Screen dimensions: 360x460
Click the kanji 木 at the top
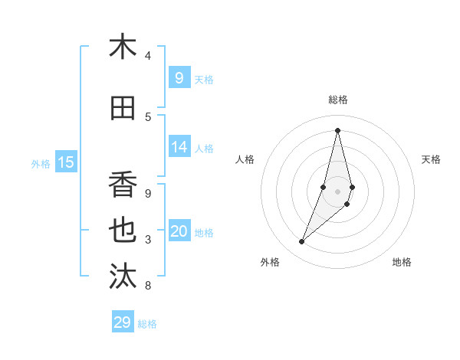pyautogui.click(x=123, y=47)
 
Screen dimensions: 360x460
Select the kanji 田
pyautogui.click(x=123, y=109)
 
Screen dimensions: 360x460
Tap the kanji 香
pyautogui.click(x=123, y=184)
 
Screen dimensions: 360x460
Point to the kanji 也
pyautogui.click(x=123, y=231)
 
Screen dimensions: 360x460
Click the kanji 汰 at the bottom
pyautogui.click(x=123, y=277)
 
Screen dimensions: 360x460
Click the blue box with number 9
pyautogui.click(x=179, y=77)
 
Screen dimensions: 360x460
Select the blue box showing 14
pyautogui.click(x=179, y=147)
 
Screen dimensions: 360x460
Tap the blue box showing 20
pyautogui.click(x=179, y=231)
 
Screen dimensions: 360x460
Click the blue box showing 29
pyautogui.click(x=123, y=322)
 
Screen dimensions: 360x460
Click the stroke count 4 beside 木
pyautogui.click(x=148, y=56)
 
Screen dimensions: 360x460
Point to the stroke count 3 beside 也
pyautogui.click(x=148, y=240)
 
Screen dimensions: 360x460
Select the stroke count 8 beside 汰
pyautogui.click(x=148, y=286)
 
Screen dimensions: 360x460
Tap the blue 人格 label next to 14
pyautogui.click(x=204, y=149)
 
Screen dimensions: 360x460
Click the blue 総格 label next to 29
pyautogui.click(x=147, y=324)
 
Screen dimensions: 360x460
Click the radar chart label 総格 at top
pyautogui.click(x=337, y=100)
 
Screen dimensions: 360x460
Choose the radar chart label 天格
pyautogui.click(x=431, y=159)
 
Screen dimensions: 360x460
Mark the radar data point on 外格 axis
pyautogui.click(x=302, y=242)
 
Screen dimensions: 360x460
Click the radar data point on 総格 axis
pyautogui.click(x=337, y=130)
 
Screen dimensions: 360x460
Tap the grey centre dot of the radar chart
pyautogui.click(x=337, y=191)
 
